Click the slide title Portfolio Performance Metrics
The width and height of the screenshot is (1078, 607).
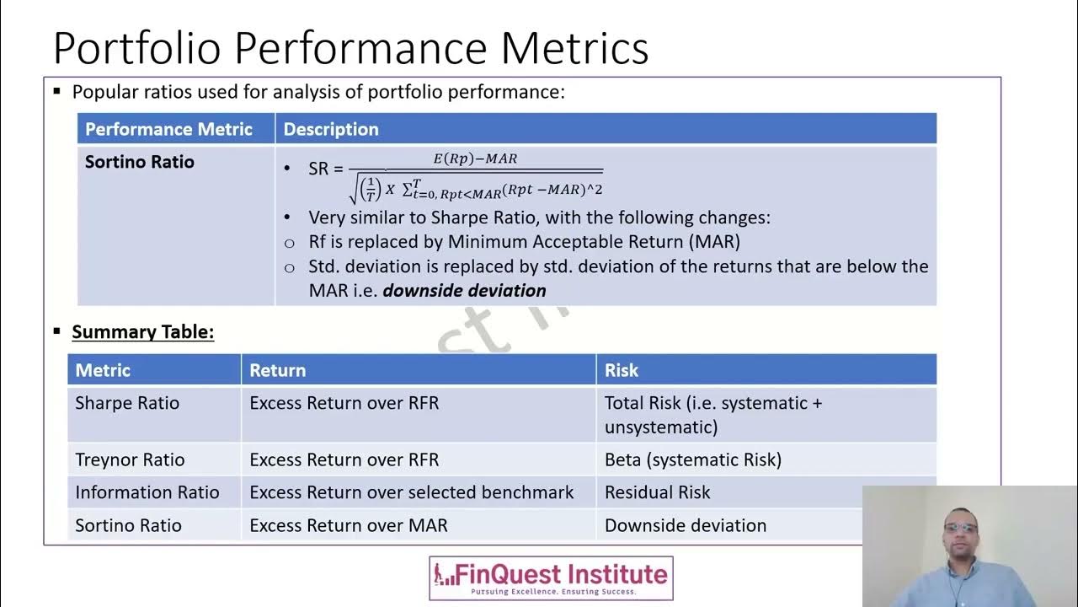pyautogui.click(x=350, y=47)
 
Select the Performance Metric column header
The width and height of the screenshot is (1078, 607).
pyautogui.click(x=168, y=129)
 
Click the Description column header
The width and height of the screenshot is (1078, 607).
pyautogui.click(x=331, y=129)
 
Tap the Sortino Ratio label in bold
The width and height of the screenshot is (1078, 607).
pyautogui.click(x=140, y=162)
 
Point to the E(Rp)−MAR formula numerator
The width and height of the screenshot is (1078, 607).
pyautogui.click(x=475, y=158)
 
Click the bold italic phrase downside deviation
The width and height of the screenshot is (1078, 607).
pyautogui.click(x=464, y=291)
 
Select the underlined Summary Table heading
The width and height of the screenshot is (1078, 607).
pyautogui.click(x=143, y=332)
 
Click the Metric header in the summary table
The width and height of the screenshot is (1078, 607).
pyautogui.click(x=103, y=370)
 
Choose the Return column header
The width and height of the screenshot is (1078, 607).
pyautogui.click(x=277, y=370)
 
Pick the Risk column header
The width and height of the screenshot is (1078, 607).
pyautogui.click(x=622, y=370)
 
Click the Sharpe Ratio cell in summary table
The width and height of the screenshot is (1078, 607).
pyautogui.click(x=127, y=403)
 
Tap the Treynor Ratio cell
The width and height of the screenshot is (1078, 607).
pyautogui.click(x=130, y=459)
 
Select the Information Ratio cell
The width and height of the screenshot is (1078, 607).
pyautogui.click(x=147, y=492)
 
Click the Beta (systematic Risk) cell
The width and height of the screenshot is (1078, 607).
pyautogui.click(x=693, y=459)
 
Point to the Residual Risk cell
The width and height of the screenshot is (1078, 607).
pyautogui.click(x=658, y=492)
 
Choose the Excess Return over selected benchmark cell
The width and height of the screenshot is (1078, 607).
pyautogui.click(x=412, y=492)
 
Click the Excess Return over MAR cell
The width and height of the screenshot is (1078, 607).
pyautogui.click(x=349, y=525)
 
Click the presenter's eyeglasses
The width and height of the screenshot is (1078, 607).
pyautogui.click(x=961, y=529)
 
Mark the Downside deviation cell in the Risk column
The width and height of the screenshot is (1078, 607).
pyautogui.click(x=686, y=525)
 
